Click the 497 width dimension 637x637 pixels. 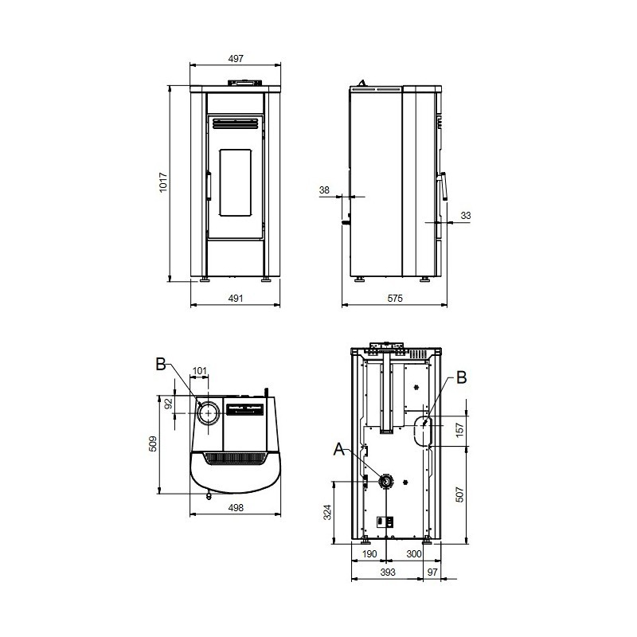point(236,58)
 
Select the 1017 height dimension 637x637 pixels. point(163,182)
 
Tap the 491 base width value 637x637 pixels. point(236,298)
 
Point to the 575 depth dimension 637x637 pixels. point(395,298)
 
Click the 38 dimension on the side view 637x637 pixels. point(324,190)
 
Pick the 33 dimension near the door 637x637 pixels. point(466,215)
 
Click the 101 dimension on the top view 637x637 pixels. point(200,371)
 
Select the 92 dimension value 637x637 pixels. point(169,403)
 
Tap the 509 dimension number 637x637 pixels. point(153,444)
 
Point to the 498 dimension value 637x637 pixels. point(236,507)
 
